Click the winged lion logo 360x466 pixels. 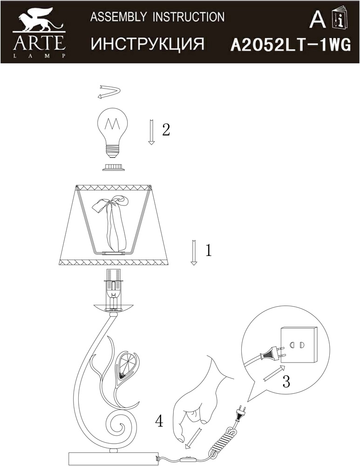tap(39, 21)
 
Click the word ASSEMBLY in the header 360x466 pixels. tap(118, 17)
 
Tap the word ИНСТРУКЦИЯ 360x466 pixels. tap(148, 44)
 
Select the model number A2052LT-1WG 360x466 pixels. tap(291, 46)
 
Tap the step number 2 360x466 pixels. tap(166, 130)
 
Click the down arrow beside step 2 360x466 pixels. tap(151, 132)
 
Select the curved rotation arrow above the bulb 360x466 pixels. tap(109, 92)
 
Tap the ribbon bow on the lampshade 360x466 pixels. tap(112, 222)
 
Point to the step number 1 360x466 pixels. tap(209, 250)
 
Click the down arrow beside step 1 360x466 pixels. tap(194, 252)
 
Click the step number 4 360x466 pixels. tap(159, 421)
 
